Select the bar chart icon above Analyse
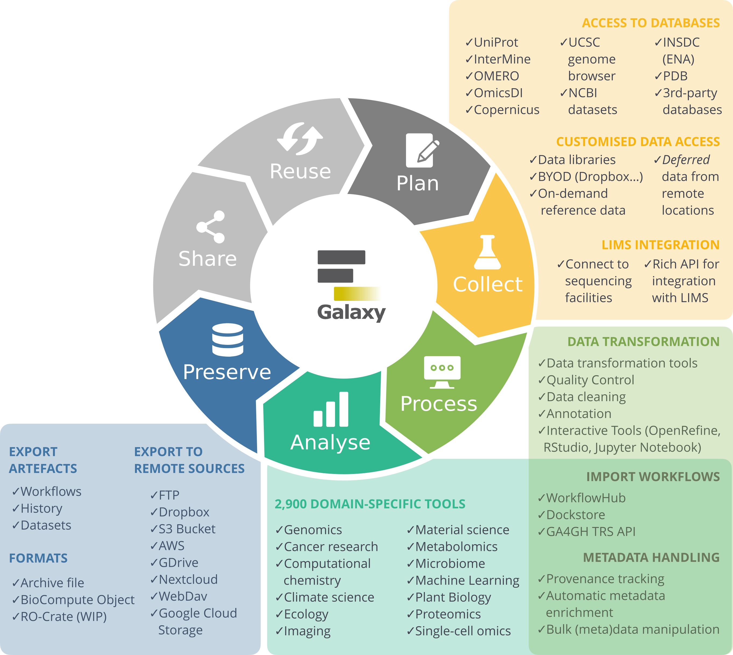point(331,410)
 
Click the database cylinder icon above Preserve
point(227,340)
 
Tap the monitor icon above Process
point(442,372)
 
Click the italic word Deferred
point(685,160)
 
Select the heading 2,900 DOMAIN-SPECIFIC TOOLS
point(370,504)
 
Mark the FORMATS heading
point(38,558)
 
